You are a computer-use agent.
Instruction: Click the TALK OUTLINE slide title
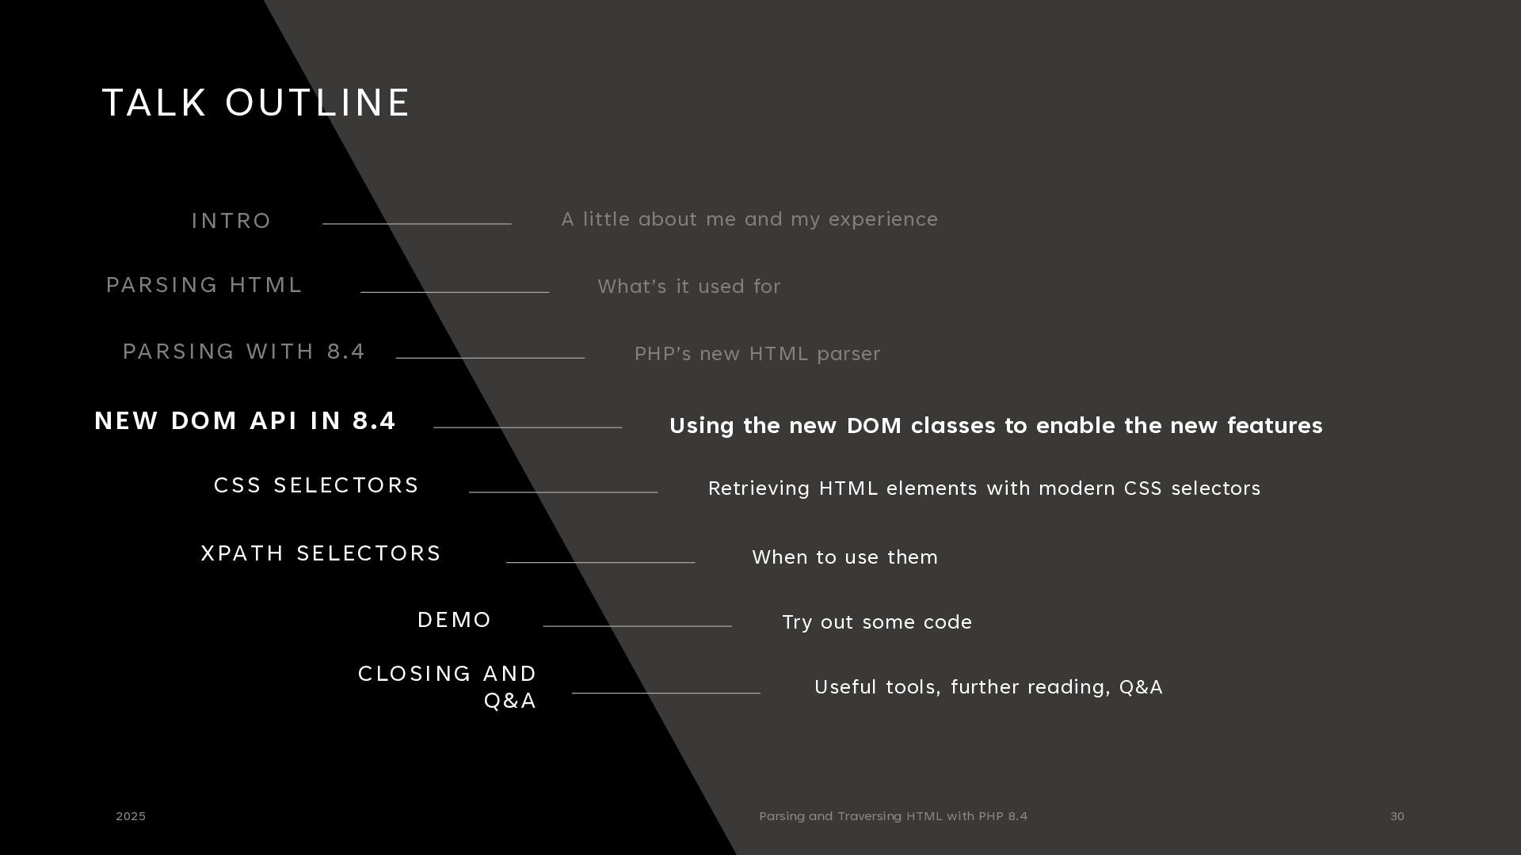pos(256,103)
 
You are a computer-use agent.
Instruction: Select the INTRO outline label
pos(231,221)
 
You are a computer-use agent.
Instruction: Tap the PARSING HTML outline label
pos(204,285)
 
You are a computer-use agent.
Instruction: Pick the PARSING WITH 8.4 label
pos(244,351)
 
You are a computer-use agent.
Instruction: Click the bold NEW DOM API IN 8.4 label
pos(245,421)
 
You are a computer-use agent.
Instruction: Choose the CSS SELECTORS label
pos(316,485)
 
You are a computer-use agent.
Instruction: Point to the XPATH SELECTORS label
pos(321,553)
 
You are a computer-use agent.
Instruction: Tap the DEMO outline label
pos(455,620)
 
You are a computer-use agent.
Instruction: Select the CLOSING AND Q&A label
pos(448,686)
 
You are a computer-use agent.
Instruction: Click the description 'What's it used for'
pos(689,287)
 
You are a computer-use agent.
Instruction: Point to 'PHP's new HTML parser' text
pos(757,354)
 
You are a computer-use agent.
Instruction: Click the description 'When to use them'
pos(844,557)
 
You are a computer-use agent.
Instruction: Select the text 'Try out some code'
pos(877,622)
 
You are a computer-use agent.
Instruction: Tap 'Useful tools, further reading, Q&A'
pos(989,687)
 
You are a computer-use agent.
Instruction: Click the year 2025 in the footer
pos(131,816)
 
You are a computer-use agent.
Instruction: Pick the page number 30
pos(1397,816)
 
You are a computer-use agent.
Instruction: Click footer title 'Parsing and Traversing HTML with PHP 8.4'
pos(893,816)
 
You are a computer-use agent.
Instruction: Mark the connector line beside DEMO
pos(638,626)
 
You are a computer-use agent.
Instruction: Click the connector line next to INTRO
pos(417,224)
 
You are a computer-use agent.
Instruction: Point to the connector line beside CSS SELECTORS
pos(563,492)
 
